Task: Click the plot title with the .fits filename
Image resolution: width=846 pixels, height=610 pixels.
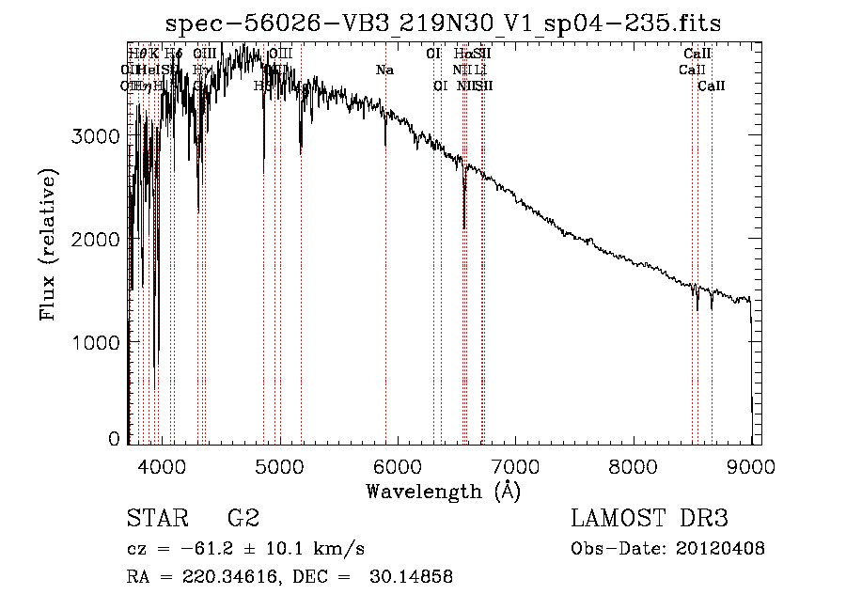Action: coord(443,24)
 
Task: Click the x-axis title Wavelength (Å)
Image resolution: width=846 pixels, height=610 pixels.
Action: coord(443,491)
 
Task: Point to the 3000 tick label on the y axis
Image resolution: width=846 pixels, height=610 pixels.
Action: coord(97,137)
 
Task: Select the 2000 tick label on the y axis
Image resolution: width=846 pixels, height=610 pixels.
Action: coord(97,240)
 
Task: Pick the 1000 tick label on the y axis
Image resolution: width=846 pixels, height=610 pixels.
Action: coord(97,342)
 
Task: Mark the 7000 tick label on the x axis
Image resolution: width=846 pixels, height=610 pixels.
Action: coord(515,464)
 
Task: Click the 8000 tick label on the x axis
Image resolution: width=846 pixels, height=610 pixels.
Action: coord(633,464)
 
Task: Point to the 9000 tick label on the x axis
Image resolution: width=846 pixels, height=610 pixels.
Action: coord(751,464)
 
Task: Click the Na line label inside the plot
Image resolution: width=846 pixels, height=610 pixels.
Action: coord(384,70)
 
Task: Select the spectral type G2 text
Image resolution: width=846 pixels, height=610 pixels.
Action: coord(243,519)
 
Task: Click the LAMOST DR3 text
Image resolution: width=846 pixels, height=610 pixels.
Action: coord(649,519)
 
